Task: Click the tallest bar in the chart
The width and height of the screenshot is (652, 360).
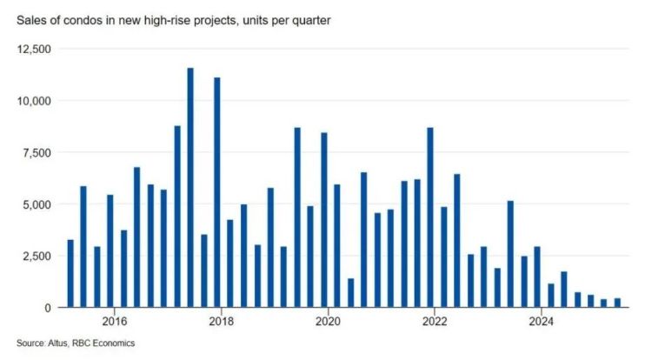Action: (x=190, y=187)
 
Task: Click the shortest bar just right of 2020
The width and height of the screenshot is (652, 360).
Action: (x=350, y=293)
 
